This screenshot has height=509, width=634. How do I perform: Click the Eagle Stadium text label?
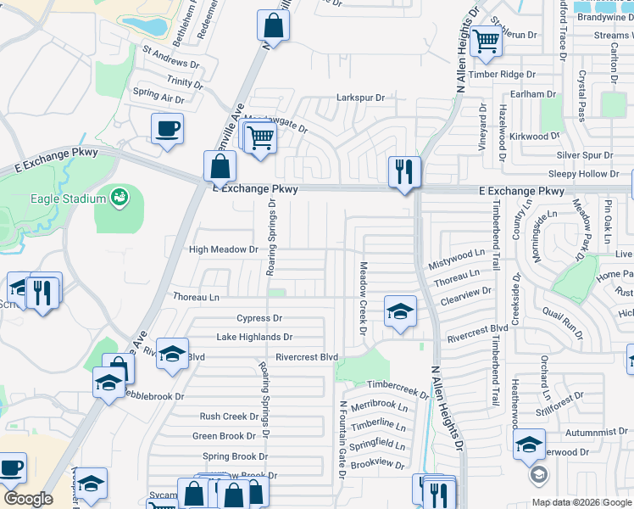(69, 199)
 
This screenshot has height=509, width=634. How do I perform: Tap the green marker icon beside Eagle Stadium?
(120, 198)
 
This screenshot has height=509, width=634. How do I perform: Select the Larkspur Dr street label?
(360, 98)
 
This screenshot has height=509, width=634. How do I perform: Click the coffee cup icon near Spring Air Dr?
(166, 129)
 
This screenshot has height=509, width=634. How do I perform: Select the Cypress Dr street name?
(259, 318)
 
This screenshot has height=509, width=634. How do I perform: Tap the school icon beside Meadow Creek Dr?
(400, 310)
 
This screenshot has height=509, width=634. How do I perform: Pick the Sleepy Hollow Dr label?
(584, 173)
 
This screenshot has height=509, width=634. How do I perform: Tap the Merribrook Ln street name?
(378, 406)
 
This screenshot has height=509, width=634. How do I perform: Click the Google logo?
(28, 499)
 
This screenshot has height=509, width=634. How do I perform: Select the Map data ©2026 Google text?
(580, 502)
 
